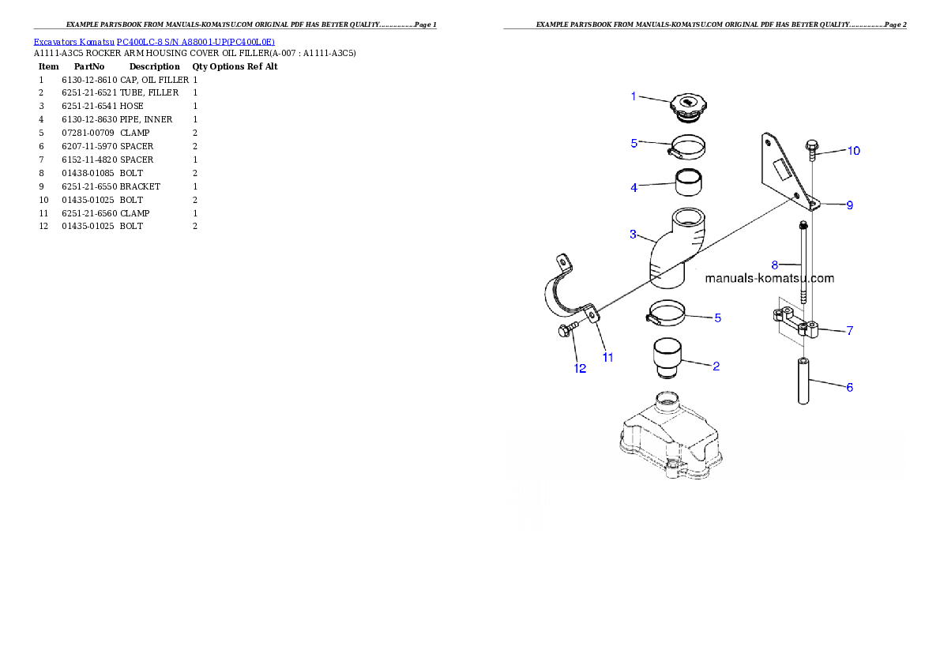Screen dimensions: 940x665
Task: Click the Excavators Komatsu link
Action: (73, 42)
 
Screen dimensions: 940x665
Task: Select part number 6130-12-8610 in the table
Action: (89, 80)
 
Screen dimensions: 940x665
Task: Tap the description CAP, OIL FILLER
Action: (154, 80)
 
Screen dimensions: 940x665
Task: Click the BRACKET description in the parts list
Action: (140, 186)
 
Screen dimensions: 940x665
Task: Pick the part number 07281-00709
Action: (88, 133)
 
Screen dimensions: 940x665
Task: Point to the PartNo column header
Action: (88, 66)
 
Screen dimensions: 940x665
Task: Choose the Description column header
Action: (154, 66)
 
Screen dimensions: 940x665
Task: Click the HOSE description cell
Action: (131, 106)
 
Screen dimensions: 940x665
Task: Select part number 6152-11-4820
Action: (89, 160)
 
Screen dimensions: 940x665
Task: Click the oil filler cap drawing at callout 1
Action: (688, 108)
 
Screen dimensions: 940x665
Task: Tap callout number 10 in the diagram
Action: (853, 151)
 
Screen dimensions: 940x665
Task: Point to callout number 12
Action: (580, 368)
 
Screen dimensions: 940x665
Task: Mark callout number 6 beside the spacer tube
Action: (849, 387)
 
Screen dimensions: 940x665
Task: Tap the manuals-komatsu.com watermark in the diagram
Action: (769, 278)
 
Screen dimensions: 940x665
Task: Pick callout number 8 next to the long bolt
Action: (775, 265)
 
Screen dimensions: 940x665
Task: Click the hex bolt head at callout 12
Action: (564, 330)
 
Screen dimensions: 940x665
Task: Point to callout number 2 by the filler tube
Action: (716, 366)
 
